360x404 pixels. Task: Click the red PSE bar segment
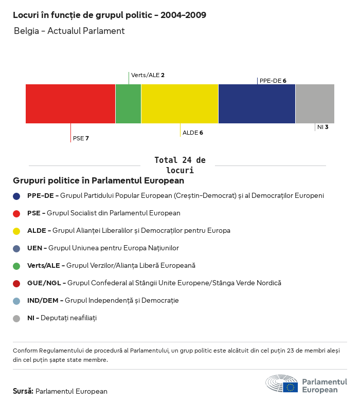click(x=70, y=104)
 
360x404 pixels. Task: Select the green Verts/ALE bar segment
click(x=128, y=104)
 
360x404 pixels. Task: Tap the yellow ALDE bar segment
click(x=179, y=104)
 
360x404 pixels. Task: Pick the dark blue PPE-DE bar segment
click(x=257, y=104)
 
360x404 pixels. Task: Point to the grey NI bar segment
click(x=315, y=104)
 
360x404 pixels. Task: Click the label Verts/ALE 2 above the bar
click(x=148, y=75)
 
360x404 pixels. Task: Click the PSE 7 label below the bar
click(x=81, y=138)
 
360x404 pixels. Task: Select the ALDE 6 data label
click(x=193, y=133)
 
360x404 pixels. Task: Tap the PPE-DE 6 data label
click(x=273, y=81)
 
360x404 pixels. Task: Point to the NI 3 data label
click(x=322, y=126)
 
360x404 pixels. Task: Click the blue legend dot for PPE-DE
click(x=16, y=196)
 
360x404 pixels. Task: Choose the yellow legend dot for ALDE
click(x=16, y=231)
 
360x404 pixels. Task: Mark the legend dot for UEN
click(x=16, y=248)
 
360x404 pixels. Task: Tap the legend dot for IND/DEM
click(x=16, y=301)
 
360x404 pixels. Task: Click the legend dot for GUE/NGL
click(x=16, y=283)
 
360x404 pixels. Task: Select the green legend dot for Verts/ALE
click(x=16, y=266)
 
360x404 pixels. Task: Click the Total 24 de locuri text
click(x=179, y=165)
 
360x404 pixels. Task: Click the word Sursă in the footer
click(x=23, y=391)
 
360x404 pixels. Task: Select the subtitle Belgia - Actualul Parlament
click(x=69, y=31)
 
